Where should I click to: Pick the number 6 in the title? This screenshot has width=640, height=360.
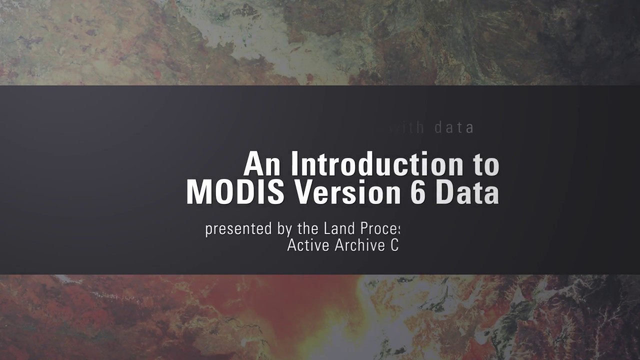[417, 192]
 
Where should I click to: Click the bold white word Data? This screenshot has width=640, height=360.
[467, 192]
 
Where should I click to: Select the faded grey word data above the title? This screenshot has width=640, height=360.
[453, 128]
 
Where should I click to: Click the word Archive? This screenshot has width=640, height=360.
[357, 245]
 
